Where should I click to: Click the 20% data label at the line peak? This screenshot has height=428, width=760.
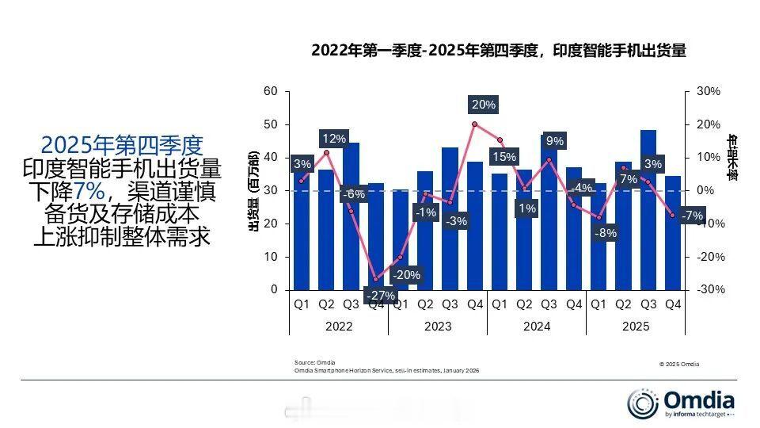tap(483, 105)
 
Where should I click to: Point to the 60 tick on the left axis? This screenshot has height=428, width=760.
tap(271, 92)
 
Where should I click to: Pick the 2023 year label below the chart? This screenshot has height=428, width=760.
tap(438, 327)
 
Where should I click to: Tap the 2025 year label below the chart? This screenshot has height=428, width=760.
tap(636, 327)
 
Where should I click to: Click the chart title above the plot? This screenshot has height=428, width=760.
tap(498, 51)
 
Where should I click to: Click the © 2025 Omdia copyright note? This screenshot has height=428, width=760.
tap(678, 365)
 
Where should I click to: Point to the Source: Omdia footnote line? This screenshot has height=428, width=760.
tap(315, 362)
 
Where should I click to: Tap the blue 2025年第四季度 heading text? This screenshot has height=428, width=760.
tap(122, 144)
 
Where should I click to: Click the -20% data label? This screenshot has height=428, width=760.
tap(406, 275)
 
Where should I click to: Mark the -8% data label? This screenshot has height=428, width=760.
tap(605, 233)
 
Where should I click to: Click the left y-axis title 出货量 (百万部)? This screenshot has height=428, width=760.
tap(253, 190)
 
